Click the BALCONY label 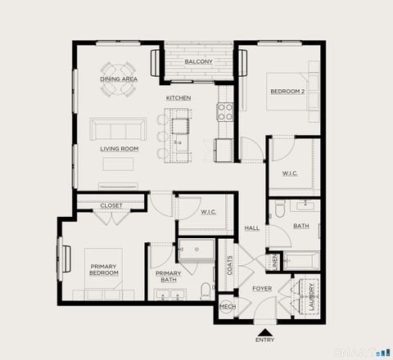click(x=198, y=62)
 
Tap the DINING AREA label click(x=119, y=79)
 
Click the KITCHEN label click(x=178, y=98)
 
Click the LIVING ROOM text click(x=119, y=149)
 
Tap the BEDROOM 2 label click(x=287, y=92)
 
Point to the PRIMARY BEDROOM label click(x=104, y=270)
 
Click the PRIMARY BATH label click(x=168, y=277)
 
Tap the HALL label click(x=251, y=228)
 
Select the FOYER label click(x=261, y=289)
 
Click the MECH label click(x=228, y=308)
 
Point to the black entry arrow click(x=264, y=330)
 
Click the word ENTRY click(x=264, y=340)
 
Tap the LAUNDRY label click(x=313, y=296)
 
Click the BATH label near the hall click(x=301, y=227)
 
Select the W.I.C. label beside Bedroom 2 click(x=290, y=173)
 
